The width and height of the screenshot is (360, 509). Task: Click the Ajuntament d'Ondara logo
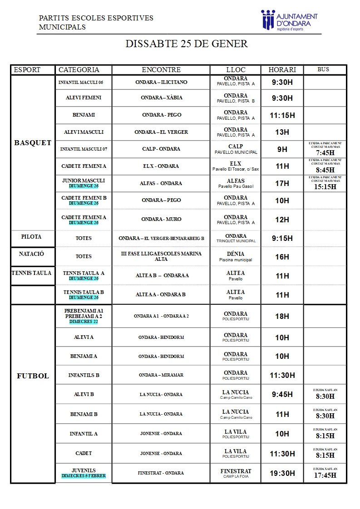[x=289, y=20]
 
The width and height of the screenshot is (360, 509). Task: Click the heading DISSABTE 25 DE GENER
[x=187, y=44]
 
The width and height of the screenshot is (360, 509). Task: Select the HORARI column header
[x=282, y=70]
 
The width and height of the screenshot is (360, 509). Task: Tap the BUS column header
[x=323, y=69]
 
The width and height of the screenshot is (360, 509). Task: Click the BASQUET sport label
[x=33, y=143]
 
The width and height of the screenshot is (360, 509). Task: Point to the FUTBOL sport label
[x=33, y=376]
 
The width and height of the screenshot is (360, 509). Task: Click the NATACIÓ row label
[x=32, y=254]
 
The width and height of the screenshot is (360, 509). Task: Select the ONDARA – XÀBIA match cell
[x=161, y=98]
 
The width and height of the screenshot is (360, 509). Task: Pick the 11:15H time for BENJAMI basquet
[x=282, y=115]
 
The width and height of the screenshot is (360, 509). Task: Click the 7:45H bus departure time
[x=325, y=153]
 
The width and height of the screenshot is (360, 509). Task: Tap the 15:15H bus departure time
[x=325, y=186]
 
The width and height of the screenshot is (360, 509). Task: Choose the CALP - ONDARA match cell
[x=161, y=149]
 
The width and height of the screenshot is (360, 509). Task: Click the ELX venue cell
[x=236, y=166]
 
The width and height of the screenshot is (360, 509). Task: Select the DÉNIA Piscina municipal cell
[x=236, y=256]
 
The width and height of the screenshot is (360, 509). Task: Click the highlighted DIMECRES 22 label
[x=84, y=322]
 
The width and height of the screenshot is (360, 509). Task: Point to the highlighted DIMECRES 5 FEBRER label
[x=84, y=476]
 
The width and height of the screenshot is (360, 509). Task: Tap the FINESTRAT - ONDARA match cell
[x=161, y=473]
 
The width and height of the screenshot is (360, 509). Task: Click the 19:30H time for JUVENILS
[x=282, y=473]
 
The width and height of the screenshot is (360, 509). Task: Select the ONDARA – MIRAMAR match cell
[x=161, y=375]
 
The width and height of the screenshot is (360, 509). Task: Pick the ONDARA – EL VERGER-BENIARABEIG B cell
[x=161, y=238]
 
